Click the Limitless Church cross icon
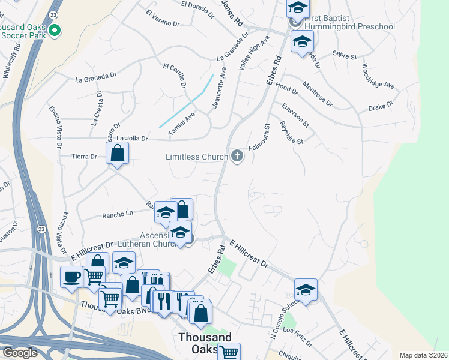(237, 157)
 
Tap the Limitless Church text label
(197, 157)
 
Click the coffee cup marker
(72, 277)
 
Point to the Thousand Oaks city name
(204, 344)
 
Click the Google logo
(19, 353)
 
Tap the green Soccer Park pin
(55, 30)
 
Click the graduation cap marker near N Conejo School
(306, 290)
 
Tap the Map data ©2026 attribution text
(423, 355)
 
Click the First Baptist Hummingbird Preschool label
(349, 22)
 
